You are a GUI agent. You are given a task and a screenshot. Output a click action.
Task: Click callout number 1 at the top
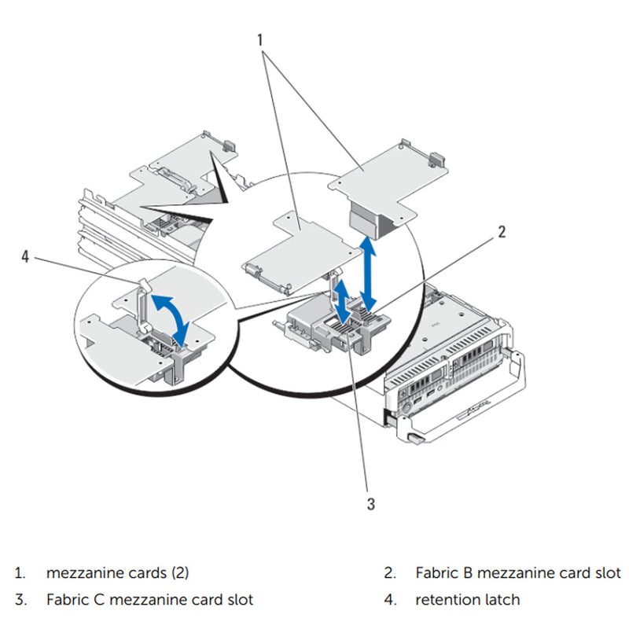[x=260, y=37]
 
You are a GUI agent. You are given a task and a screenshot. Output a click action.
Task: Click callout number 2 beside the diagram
[x=500, y=232]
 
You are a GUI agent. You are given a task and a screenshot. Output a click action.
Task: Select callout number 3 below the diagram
[x=370, y=504]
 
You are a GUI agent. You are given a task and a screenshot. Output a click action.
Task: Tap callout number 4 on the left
[x=27, y=256]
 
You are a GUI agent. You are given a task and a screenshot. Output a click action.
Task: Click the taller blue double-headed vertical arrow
[x=368, y=275]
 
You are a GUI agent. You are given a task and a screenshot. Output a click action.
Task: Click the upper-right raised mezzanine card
[x=385, y=177]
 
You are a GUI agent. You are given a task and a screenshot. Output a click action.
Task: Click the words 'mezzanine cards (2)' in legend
[x=117, y=572]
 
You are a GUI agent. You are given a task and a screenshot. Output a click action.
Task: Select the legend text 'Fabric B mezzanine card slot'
[x=518, y=572]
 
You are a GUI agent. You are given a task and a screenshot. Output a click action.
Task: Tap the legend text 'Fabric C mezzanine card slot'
[x=149, y=600]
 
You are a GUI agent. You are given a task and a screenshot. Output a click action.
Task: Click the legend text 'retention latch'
[x=467, y=600]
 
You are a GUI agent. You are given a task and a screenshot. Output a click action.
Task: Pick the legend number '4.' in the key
[x=391, y=600]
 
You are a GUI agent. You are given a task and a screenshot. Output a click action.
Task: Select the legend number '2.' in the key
[x=391, y=572]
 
